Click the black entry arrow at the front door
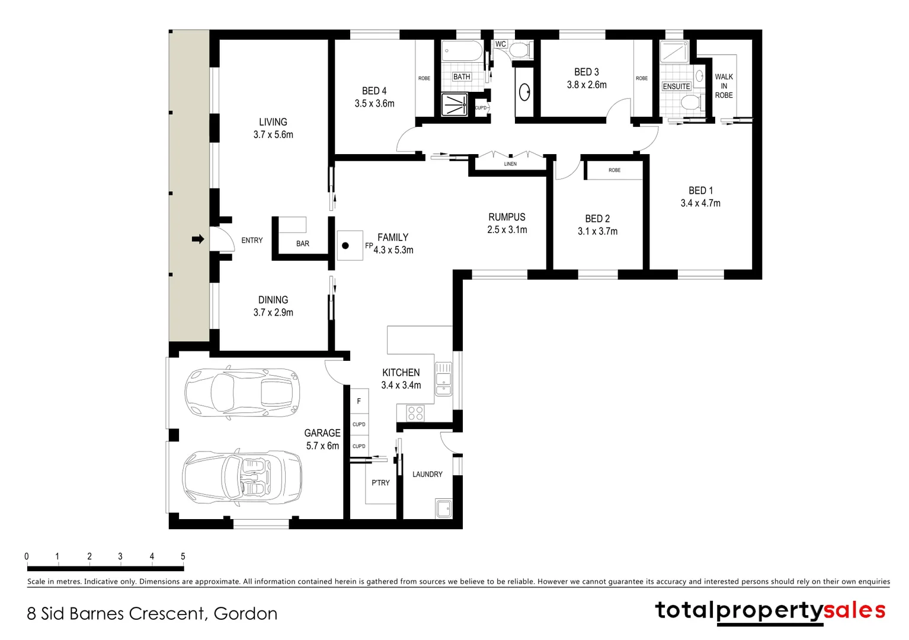tap(198, 239)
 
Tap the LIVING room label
tap(273, 122)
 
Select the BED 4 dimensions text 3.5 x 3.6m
tap(375, 104)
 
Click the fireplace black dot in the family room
tap(345, 245)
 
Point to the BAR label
tap(302, 244)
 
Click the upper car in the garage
tap(242, 392)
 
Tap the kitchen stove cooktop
tap(415, 413)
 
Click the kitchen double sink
tap(443, 379)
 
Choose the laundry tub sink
tap(443, 508)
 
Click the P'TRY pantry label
tap(380, 483)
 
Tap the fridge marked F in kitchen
tap(359, 401)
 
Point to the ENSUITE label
tap(676, 87)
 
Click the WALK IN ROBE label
tap(724, 86)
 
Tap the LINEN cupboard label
tap(510, 164)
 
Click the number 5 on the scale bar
tap(183, 556)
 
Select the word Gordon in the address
tap(245, 614)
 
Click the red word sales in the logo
tap(854, 610)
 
